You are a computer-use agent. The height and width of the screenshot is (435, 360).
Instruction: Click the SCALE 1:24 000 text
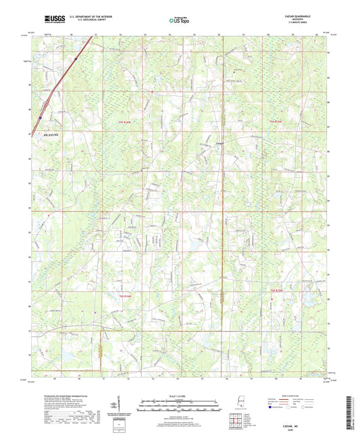pyautogui.click(x=180, y=396)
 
